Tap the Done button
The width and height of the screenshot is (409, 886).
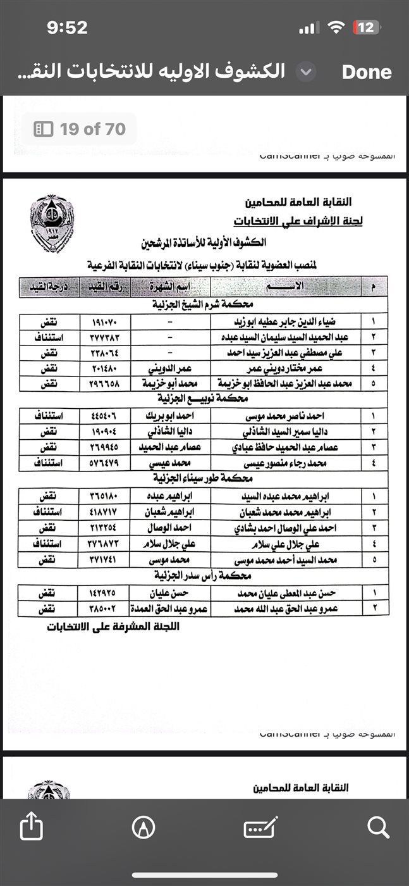point(367,72)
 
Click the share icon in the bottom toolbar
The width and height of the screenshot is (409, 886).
point(32,827)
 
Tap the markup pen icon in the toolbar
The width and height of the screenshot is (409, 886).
point(144,827)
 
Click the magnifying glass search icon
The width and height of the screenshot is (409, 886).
point(378,827)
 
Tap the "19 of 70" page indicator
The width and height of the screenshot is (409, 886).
point(80,129)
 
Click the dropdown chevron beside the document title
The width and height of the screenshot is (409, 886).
point(306,72)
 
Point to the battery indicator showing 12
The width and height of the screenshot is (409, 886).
point(366,27)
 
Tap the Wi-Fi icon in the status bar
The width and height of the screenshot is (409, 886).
point(336,27)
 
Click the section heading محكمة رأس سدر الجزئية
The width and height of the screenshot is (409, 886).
point(202,577)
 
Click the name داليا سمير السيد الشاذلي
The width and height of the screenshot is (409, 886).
point(282,432)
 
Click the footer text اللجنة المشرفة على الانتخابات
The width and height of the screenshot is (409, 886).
point(113,627)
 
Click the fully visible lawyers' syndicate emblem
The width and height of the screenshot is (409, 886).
point(52,224)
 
